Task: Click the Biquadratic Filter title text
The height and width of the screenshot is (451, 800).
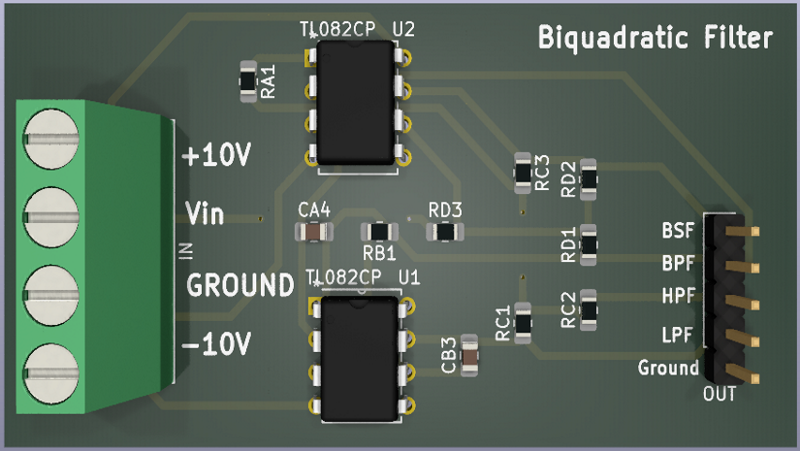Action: point(656,38)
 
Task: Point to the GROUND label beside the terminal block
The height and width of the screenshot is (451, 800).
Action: point(240,285)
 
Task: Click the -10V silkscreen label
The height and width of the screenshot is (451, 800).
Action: point(217,343)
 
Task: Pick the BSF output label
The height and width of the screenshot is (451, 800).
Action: point(678,232)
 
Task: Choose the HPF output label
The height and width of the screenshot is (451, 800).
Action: point(678,295)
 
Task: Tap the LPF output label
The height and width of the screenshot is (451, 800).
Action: point(678,336)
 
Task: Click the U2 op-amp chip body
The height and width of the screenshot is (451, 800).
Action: point(356,107)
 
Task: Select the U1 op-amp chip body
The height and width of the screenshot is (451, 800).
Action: point(359,357)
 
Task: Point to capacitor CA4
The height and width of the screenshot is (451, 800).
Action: point(313,231)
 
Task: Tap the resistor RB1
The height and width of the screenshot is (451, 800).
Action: point(379,232)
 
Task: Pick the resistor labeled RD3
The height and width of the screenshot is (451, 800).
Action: point(445,232)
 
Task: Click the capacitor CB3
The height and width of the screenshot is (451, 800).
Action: point(470,354)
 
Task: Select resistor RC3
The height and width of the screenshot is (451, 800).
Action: point(523,171)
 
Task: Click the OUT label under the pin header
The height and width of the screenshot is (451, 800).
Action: point(720,395)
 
